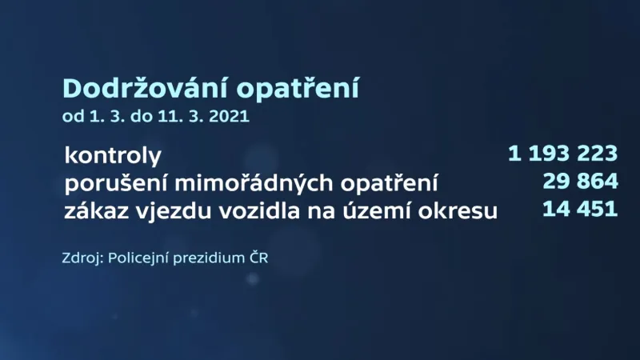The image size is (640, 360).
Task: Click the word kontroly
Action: click(x=113, y=154)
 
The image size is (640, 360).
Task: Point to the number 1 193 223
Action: click(x=562, y=153)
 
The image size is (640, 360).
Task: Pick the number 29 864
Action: click(x=580, y=182)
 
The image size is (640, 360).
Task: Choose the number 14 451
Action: click(x=580, y=210)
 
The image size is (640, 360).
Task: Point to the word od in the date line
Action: click(x=72, y=117)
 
